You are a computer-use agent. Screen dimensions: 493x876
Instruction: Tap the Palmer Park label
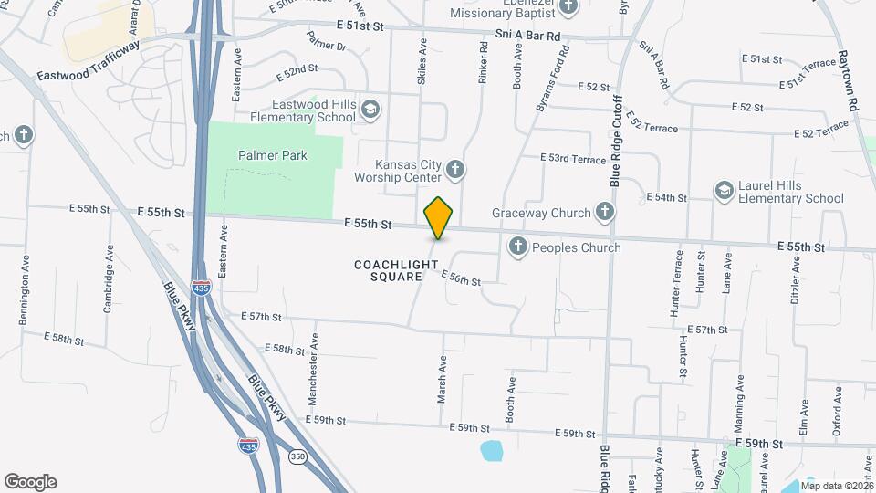tap(273, 155)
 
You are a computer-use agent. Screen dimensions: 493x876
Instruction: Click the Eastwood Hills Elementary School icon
tap(370, 110)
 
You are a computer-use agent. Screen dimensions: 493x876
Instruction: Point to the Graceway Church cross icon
tap(604, 213)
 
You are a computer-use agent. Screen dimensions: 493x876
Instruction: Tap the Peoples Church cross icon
tap(518, 246)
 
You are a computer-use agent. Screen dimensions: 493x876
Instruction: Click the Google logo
tap(30, 482)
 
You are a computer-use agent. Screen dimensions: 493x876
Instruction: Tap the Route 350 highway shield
tap(297, 456)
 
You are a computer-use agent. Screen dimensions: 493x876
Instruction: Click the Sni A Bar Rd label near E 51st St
tap(527, 36)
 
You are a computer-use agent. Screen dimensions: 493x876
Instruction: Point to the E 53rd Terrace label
tap(572, 159)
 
